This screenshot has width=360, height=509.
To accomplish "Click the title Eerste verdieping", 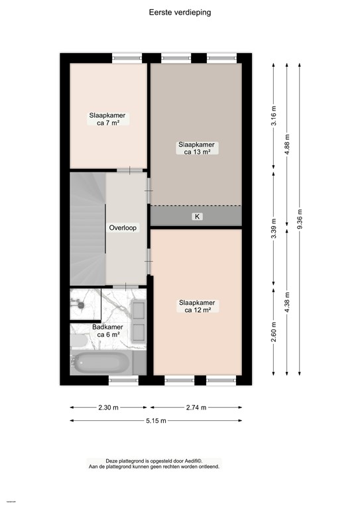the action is point(180,13).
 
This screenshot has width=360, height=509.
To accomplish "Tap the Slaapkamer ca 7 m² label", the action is point(107,119).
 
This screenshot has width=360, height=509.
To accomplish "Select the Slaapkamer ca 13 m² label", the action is point(196,148).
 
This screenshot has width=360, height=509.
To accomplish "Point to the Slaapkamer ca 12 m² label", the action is point(197,306).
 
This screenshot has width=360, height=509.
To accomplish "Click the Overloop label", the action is point(123,227).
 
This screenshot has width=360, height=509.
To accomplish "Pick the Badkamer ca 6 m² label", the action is point(107,331).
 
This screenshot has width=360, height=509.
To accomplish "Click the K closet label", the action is point(197,217).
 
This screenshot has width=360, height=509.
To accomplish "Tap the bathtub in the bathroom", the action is point(101,363).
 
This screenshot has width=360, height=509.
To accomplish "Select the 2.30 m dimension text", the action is point(109,408).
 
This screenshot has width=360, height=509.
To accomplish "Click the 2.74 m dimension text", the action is point(196,408).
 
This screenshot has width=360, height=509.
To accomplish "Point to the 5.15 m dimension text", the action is point(156,421).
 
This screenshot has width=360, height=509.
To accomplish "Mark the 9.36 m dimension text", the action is point(300,219).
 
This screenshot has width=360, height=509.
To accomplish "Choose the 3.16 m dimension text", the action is point(274,115).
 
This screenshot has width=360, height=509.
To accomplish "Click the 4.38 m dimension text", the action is point(286,302).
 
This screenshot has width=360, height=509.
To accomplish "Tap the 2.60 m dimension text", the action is point(274,331).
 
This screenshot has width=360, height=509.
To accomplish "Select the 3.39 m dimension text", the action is point(274,228).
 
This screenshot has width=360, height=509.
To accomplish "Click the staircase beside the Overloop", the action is point(88,229).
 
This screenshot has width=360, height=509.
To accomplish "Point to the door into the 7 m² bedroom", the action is point(129,170).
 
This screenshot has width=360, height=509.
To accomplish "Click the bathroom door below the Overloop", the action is point(125,286).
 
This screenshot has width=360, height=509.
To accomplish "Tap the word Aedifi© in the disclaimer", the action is point(194,461).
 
